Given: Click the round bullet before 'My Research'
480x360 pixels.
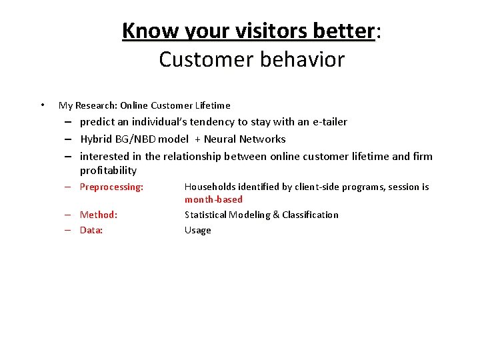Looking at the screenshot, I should (42, 105).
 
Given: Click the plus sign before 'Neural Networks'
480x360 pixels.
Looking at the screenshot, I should (198, 139).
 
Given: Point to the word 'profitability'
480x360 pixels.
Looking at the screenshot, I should (108, 171).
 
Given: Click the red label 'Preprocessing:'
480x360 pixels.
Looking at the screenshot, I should (111, 187).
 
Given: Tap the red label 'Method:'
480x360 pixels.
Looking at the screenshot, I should (99, 215).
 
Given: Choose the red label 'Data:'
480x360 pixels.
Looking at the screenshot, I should (91, 231).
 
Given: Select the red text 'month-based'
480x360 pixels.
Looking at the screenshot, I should (213, 199).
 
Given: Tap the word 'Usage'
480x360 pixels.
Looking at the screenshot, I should (197, 231).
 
